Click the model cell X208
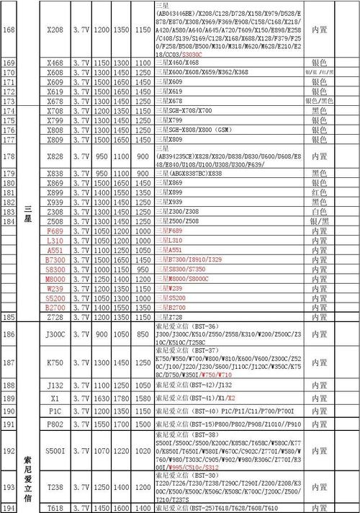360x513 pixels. [55, 30]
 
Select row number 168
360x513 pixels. [9, 30]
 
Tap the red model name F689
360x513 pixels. [55, 231]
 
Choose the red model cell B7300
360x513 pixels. [55, 259]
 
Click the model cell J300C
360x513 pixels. [55, 334]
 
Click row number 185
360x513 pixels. [9, 316]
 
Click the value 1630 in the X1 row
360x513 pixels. [101, 398]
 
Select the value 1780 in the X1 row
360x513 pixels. [121, 398]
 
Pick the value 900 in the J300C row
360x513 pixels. [101, 334]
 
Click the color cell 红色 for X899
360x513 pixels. [319, 193]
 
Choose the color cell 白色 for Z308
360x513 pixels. [319, 212]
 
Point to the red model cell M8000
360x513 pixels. [55, 278]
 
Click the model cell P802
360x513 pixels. [55, 424]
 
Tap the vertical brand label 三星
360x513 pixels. [28, 212]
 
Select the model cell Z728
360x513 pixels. [55, 316]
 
